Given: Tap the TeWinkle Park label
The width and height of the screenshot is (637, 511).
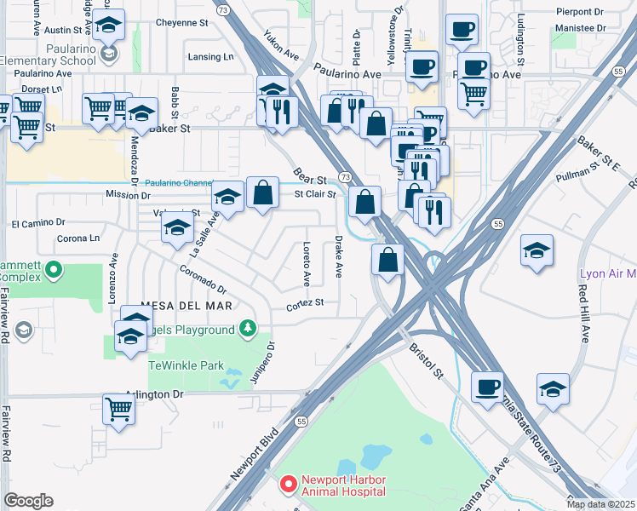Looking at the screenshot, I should (x=186, y=365).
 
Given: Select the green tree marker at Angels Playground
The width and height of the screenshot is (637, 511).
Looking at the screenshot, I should (x=247, y=329).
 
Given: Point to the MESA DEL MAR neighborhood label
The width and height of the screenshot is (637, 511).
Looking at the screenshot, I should (x=186, y=306).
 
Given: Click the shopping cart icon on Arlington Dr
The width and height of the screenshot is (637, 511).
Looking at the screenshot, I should (x=119, y=409).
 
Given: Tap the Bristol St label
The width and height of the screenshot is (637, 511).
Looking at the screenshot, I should (x=426, y=361).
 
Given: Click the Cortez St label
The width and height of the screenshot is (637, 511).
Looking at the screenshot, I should (x=305, y=303).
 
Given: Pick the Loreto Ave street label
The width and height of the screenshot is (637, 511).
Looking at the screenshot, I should (x=306, y=261).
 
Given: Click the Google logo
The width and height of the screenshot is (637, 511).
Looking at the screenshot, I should (x=28, y=501).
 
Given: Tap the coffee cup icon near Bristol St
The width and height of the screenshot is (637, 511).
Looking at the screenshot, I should (x=487, y=388).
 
